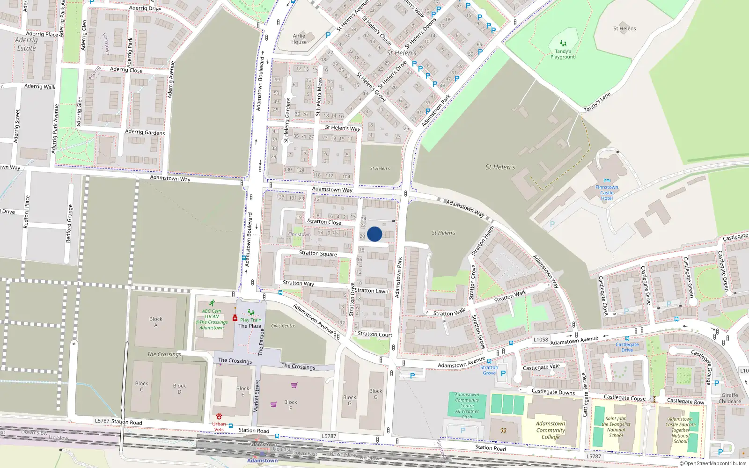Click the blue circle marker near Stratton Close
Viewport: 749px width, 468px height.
click(374, 234)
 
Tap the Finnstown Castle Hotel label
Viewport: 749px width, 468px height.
click(607, 192)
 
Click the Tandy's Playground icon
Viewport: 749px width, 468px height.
click(563, 44)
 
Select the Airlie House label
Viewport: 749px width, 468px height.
click(299, 39)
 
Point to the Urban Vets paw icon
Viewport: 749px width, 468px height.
click(219, 416)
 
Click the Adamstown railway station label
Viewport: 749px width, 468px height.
click(262, 461)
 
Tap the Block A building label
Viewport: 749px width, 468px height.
click(156, 322)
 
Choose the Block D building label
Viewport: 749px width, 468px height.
click(179, 388)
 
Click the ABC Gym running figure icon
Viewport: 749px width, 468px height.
click(212, 303)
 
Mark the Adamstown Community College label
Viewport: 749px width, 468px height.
click(551, 430)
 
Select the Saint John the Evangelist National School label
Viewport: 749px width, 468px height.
click(616, 427)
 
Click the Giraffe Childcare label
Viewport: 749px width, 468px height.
click(729, 398)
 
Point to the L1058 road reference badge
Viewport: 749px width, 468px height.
click(541, 340)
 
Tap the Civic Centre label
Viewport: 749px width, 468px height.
click(283, 326)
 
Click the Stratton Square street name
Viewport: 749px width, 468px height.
click(318, 253)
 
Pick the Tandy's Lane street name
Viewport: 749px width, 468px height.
click(597, 102)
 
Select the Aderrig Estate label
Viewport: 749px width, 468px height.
click(26, 44)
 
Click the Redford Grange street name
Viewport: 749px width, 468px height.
click(69, 223)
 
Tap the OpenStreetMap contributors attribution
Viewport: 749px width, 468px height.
click(713, 464)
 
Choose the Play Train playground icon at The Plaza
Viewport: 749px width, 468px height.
click(251, 312)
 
